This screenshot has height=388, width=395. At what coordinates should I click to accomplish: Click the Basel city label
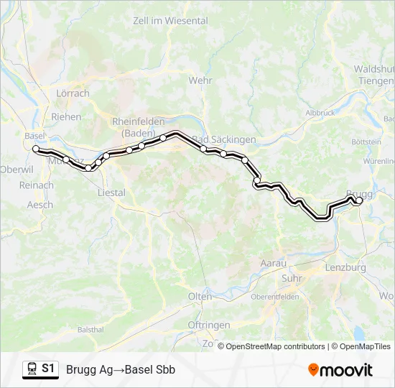(34, 135)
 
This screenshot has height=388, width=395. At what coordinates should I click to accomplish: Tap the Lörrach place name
(73, 93)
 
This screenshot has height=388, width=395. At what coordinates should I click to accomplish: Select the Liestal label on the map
(111, 193)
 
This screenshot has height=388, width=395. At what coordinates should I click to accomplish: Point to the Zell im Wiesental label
(170, 21)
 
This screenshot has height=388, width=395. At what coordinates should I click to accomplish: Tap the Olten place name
(200, 296)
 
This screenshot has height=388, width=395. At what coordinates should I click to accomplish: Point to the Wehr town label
(200, 80)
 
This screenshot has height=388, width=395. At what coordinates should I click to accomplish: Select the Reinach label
(37, 185)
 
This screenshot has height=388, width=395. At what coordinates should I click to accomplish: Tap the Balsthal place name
(90, 330)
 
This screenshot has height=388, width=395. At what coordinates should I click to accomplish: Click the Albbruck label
(320, 113)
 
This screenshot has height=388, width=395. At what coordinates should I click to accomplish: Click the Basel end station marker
(36, 149)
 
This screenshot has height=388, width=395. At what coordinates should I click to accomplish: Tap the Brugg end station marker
(359, 201)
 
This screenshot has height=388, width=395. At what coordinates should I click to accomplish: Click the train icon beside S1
(32, 369)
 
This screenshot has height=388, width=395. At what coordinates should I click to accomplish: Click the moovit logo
(340, 370)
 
